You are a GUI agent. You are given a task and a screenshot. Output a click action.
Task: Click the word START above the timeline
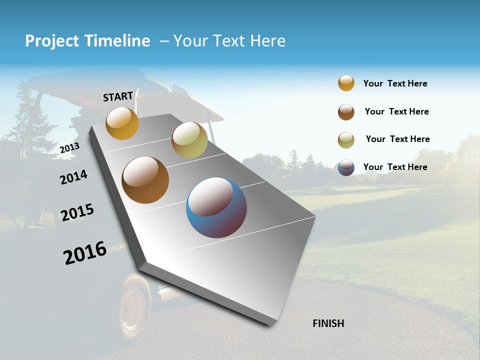[x=118, y=96]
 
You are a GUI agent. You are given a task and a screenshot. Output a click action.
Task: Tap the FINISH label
[x=328, y=323]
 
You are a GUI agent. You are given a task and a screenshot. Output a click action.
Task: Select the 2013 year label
[x=69, y=148]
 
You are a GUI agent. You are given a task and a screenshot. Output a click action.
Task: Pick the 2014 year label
[x=73, y=177]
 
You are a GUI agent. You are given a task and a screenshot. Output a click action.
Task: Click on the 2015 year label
[x=77, y=212]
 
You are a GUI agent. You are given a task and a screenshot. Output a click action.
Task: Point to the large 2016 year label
[x=85, y=253]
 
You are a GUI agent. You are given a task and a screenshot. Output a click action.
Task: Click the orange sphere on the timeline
[x=122, y=123]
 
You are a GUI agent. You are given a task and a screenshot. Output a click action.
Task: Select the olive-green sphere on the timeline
[x=189, y=140]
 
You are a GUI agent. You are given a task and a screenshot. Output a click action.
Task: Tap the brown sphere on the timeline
[x=145, y=180]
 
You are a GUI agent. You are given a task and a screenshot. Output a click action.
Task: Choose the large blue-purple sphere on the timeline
[x=216, y=207]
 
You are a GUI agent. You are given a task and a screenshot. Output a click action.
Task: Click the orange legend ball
[x=346, y=83]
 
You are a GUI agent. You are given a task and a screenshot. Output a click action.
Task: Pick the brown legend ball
[x=346, y=112]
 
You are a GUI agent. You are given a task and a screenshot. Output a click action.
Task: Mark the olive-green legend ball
[x=346, y=140]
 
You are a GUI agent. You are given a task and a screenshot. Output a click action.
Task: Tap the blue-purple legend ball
[x=346, y=167]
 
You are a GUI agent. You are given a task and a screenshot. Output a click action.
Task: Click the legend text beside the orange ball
[x=395, y=83]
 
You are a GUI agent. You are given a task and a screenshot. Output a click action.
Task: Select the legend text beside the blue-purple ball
[x=395, y=167]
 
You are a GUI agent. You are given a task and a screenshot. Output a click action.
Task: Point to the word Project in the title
[x=52, y=41]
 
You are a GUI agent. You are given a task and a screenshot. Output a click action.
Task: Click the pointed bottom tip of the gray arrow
[x=270, y=325]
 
